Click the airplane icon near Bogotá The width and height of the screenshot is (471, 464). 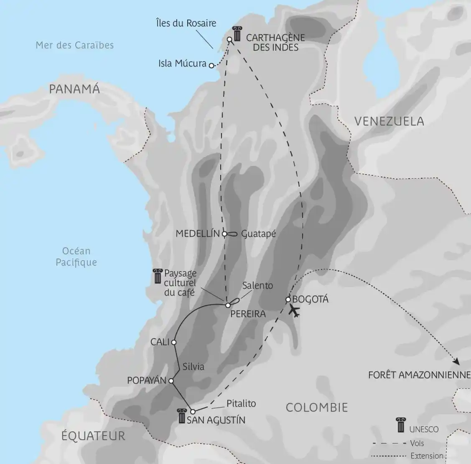pyautogui.click(x=295, y=311)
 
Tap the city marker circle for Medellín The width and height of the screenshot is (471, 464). pyautogui.click(x=224, y=234)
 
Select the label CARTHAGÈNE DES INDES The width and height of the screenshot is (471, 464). pyautogui.click(x=275, y=42)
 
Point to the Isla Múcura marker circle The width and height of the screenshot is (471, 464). pyautogui.click(x=211, y=65)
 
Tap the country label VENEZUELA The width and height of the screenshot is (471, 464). pyautogui.click(x=389, y=121)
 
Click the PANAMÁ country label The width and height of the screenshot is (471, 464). pyautogui.click(x=74, y=89)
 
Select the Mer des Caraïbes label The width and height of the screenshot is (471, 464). pyautogui.click(x=74, y=45)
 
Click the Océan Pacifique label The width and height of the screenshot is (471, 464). pyautogui.click(x=76, y=256)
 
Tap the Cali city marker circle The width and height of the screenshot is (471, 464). pyautogui.click(x=174, y=342)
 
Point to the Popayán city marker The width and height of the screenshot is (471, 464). pyautogui.click(x=171, y=381)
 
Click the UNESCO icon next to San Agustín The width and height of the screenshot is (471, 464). pyautogui.click(x=182, y=416)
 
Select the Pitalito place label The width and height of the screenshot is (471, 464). pyautogui.click(x=241, y=404)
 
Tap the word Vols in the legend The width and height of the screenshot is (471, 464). pyautogui.click(x=417, y=443)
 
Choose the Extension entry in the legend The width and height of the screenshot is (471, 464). pyautogui.click(x=427, y=456)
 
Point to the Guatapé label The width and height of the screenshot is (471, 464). pyautogui.click(x=259, y=234)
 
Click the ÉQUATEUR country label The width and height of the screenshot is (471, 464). pyautogui.click(x=93, y=436)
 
